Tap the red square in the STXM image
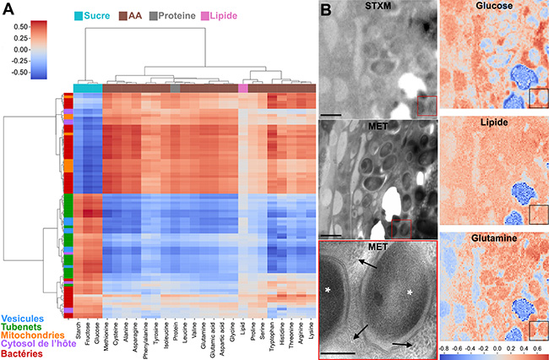(427, 104)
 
